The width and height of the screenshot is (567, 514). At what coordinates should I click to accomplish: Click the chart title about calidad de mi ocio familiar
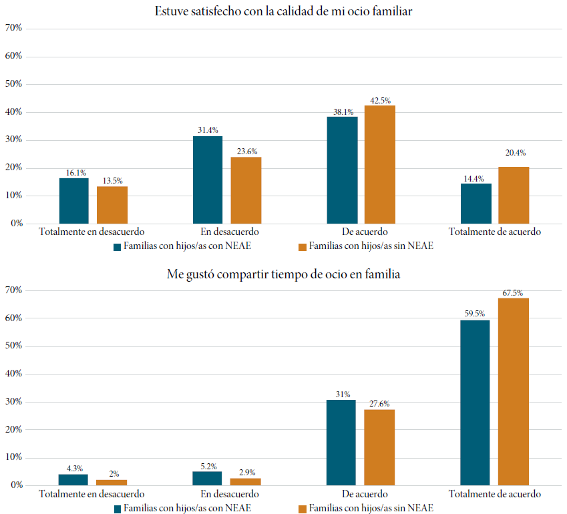coord(284,11)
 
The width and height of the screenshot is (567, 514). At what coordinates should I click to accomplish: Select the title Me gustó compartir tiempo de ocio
coord(284,274)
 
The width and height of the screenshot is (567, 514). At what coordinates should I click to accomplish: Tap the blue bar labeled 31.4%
coord(208,180)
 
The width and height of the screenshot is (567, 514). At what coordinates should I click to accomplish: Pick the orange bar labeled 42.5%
coord(379,164)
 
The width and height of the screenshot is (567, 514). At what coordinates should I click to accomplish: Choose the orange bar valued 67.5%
coord(513,391)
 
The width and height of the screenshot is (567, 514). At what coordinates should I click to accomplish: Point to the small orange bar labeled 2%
coord(112,482)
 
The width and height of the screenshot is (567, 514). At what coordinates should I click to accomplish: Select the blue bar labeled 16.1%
coord(73,201)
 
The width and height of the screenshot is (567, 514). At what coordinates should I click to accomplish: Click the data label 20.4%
coord(515,153)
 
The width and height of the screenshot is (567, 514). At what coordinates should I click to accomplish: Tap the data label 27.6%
coord(379,403)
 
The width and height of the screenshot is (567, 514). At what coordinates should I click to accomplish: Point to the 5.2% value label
coord(208,466)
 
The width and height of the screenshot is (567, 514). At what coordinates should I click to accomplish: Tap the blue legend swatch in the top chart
coord(117,246)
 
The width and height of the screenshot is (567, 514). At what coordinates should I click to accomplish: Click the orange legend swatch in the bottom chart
coord(302,509)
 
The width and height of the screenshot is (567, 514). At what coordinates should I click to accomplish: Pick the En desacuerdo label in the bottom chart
coord(227,495)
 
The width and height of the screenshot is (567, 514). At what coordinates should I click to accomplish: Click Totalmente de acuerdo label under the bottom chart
coord(494,495)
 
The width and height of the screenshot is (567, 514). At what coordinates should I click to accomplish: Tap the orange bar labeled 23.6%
coord(246,190)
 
